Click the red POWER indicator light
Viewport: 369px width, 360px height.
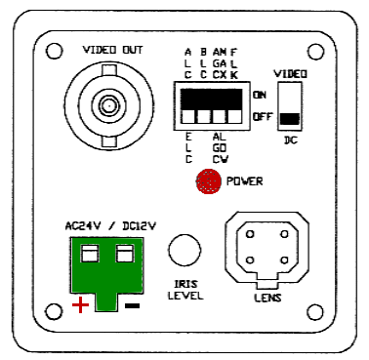(x=207, y=180)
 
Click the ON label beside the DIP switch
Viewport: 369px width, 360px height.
(x=260, y=95)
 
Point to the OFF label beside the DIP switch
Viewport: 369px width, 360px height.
(x=261, y=117)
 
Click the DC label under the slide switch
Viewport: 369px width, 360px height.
(x=290, y=140)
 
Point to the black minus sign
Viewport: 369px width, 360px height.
(x=132, y=305)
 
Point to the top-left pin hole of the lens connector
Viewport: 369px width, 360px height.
(x=251, y=235)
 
